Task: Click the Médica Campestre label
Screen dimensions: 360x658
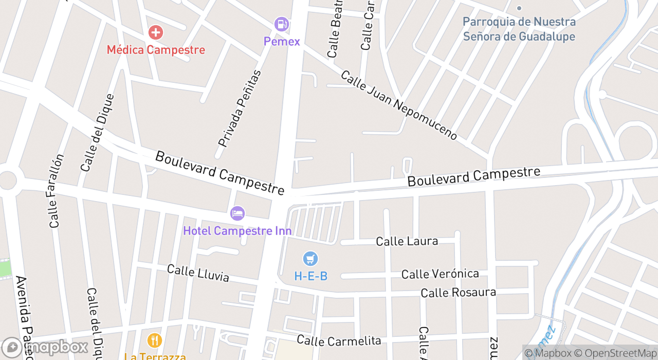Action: (x=156, y=50)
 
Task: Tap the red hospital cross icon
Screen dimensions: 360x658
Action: (x=155, y=33)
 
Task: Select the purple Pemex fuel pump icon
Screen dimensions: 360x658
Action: (x=281, y=24)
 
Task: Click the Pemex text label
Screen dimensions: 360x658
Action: (x=282, y=42)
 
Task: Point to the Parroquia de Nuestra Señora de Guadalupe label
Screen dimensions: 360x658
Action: (x=519, y=29)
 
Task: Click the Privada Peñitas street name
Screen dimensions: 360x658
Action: (x=240, y=108)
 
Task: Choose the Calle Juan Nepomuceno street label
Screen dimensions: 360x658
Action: (x=399, y=105)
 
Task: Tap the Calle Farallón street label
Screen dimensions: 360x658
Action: (x=57, y=191)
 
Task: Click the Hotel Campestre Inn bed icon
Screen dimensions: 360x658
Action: (x=237, y=213)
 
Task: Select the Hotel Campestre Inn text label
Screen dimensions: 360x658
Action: (x=237, y=231)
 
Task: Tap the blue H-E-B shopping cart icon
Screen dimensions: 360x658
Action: (x=310, y=259)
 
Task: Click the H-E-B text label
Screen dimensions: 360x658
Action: (x=310, y=276)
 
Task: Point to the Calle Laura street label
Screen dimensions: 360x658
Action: (x=407, y=241)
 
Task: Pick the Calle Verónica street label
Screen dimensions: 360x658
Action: (x=440, y=274)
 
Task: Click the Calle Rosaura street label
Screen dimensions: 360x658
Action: (x=458, y=293)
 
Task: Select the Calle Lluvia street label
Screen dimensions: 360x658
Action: (x=198, y=273)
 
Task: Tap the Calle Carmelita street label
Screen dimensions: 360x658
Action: (x=339, y=340)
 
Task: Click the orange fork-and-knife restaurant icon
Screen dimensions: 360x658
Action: (x=154, y=340)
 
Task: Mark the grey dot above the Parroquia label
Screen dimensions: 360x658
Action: (x=519, y=8)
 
